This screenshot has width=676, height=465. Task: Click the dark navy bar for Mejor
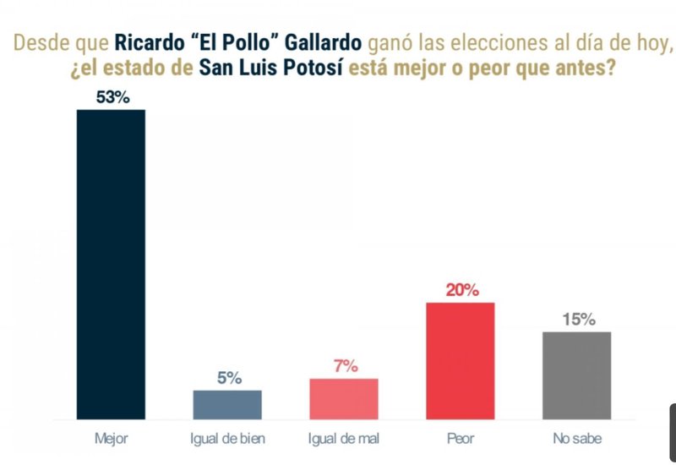pos(111,264)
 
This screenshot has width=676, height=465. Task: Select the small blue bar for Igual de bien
pos(227,404)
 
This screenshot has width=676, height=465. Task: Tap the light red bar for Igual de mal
pos(344,398)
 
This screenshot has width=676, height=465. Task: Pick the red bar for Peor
pos(461,360)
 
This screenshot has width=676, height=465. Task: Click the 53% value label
pos(112,98)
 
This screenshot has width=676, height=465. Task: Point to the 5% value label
pos(227,378)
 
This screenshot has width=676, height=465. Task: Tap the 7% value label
pos(344,366)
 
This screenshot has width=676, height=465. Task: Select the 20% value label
pos(461,290)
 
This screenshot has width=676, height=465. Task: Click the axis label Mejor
pos(111,439)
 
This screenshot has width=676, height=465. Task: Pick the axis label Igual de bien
pos(227,439)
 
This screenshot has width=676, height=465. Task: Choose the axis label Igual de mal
pos(344,439)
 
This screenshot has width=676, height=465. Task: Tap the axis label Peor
pos(461,439)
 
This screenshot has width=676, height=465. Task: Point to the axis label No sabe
pos(577,439)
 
